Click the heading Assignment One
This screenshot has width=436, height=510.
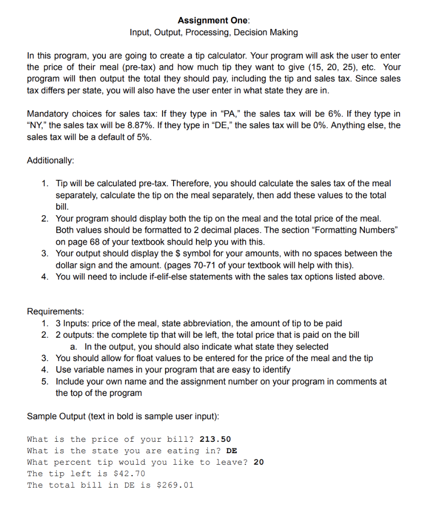point(213,20)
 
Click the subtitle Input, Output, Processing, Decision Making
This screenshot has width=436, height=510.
point(214,33)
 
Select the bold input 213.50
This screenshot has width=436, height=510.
point(215,439)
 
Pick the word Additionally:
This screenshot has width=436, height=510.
point(50,160)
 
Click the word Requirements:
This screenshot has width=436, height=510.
point(55,312)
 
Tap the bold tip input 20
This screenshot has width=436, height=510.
point(259,462)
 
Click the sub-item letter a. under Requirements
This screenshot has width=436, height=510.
point(74,347)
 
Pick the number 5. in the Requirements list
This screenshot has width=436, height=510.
point(45,382)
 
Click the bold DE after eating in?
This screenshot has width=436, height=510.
point(231,451)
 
